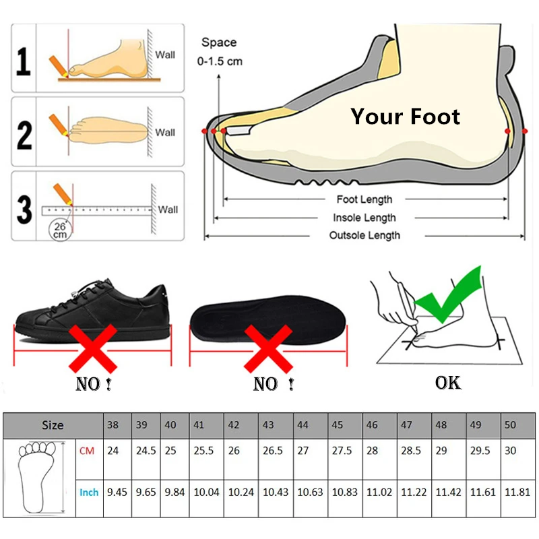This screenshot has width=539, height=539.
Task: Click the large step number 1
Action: pos(24,61)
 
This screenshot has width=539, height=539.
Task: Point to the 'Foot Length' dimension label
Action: pos(364,199)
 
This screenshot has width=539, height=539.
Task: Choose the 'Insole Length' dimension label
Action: pos(364,218)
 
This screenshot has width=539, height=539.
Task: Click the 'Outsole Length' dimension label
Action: pos(364,235)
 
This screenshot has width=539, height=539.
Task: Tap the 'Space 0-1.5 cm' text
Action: pos(220,52)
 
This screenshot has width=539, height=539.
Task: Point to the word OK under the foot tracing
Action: pos(448,383)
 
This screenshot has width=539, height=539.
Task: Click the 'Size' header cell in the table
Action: pos(53,425)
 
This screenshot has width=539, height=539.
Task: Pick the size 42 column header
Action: pos(234,425)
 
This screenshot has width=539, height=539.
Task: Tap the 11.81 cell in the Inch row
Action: pos(518,493)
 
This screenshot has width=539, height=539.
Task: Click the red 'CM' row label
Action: pos(87,451)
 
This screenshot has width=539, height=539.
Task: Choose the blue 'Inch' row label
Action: pos(89,493)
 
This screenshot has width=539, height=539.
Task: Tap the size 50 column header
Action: pos(511,425)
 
